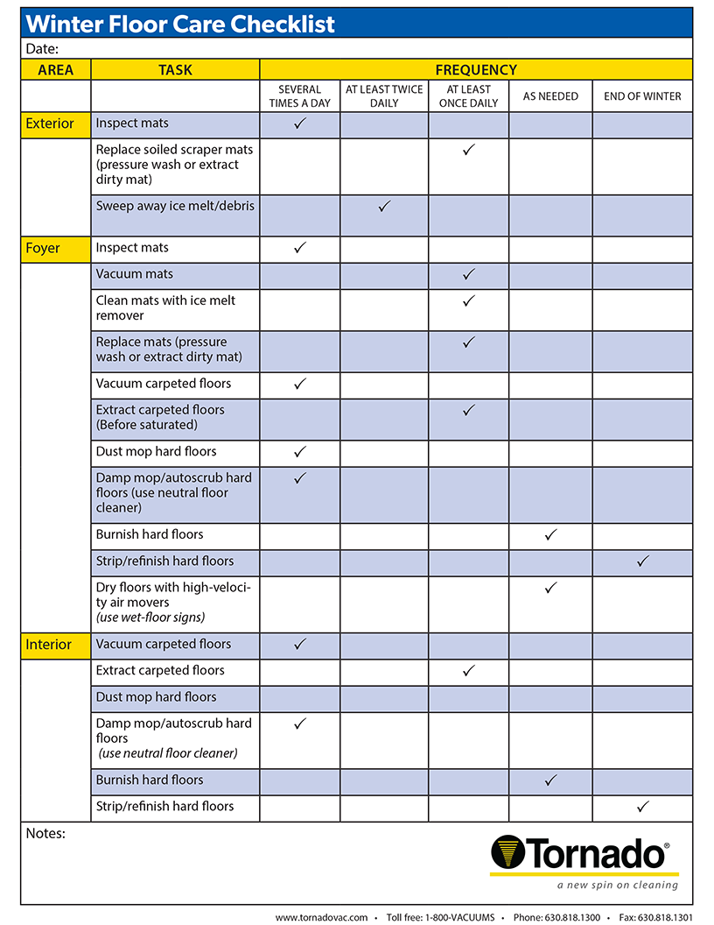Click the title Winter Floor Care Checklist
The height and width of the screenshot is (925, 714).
coord(181,24)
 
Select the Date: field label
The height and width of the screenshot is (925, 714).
coord(43,49)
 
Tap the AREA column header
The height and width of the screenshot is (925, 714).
coord(56,70)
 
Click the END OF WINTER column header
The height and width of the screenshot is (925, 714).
coord(642,96)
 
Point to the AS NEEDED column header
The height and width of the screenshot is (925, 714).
coord(550,96)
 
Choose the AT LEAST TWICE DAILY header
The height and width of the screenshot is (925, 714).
coord(384,96)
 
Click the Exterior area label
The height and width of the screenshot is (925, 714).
coord(50,124)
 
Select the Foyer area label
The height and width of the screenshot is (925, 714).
coord(43,248)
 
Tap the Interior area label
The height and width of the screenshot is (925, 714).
coord(48,645)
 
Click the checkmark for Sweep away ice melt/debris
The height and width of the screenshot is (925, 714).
coord(383,207)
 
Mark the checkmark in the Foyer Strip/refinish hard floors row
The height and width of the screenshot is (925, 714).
coord(642,561)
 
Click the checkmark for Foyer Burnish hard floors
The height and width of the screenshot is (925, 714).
coord(550,534)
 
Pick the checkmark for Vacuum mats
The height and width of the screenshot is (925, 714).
coord(468,274)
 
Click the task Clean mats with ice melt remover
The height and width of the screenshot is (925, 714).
coord(165,307)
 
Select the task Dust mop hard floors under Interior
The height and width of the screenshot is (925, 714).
coord(156,697)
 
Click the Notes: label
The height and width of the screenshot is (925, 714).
coord(45,833)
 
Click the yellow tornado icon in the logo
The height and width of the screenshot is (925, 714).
coord(507,853)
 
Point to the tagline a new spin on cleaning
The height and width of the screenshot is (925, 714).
coord(617,885)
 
